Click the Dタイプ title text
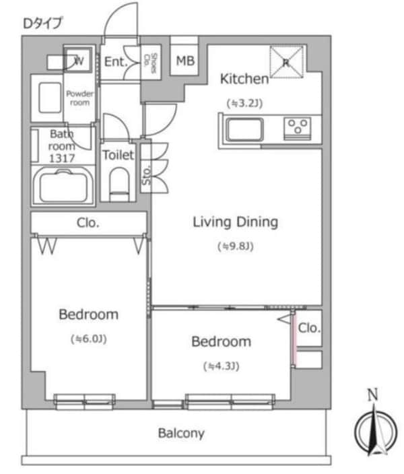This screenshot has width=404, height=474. click(x=42, y=24)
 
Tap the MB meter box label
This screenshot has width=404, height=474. click(x=185, y=61)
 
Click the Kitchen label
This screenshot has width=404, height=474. click(x=244, y=79)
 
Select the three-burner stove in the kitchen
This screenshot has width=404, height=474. click(x=298, y=129)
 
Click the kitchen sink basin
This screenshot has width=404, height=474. click(x=244, y=130)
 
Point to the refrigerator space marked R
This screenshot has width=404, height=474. click(x=286, y=62)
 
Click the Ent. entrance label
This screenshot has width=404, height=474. click(x=116, y=62)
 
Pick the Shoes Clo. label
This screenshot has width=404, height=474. click(x=151, y=63)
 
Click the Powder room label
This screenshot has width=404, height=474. click(x=80, y=98)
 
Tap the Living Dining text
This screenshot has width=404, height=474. click(x=235, y=222)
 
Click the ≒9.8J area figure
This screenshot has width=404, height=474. click(x=236, y=246)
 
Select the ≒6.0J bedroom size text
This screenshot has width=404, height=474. click(x=89, y=339)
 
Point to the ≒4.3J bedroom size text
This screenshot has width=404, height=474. click(x=222, y=366)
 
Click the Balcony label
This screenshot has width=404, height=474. click(x=181, y=433)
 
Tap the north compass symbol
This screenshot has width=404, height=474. click(x=376, y=427)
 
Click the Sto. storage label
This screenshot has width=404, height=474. click(x=146, y=176)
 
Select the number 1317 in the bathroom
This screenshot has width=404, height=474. click(x=62, y=158)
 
